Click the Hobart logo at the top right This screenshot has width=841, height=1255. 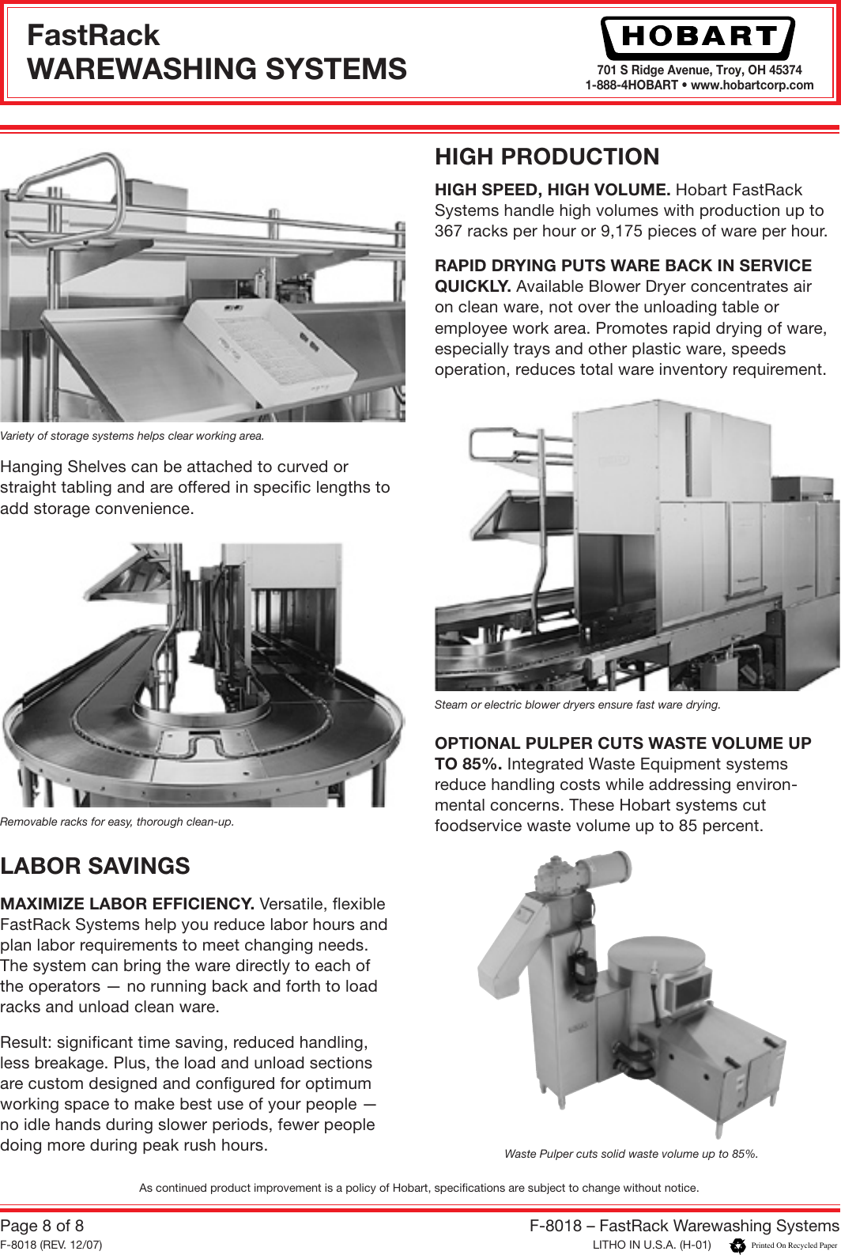698,36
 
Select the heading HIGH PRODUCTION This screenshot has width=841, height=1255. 547,157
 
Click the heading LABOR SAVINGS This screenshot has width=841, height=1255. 95,866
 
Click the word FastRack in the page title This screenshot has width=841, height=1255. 92,36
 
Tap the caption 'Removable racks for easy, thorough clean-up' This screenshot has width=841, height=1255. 117,822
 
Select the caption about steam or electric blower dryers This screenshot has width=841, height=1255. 577,705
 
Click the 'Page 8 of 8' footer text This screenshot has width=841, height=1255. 42,1226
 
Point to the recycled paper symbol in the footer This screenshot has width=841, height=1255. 738,1246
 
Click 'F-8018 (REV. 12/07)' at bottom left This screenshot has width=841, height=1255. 51,1245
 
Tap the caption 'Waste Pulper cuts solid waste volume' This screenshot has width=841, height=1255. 631,1154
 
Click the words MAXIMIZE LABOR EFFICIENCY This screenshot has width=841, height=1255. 126,904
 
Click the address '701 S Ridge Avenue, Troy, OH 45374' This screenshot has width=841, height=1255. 699,70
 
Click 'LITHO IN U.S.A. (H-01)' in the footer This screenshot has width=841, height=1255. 652,1245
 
